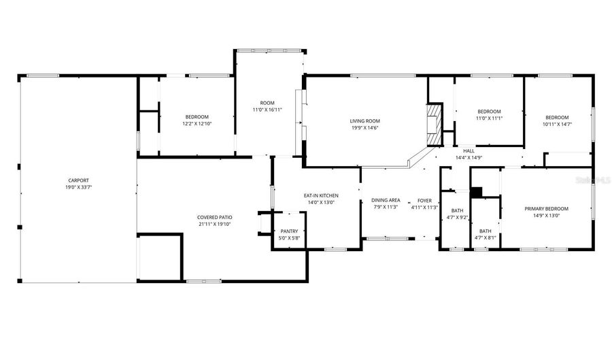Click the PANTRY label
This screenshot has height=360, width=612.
(289, 231)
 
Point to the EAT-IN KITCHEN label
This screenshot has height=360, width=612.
(321, 196)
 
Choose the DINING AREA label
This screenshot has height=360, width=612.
(386, 200)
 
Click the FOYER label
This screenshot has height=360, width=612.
(424, 200)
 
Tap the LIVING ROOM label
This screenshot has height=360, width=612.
(364, 120)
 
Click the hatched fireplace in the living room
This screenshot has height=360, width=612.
(433, 124)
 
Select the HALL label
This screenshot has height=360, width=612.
(469, 150)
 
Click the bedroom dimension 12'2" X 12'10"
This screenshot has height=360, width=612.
(196, 124)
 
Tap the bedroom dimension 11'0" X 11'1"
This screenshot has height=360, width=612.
(489, 118)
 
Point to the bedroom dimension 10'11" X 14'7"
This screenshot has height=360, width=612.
(557, 124)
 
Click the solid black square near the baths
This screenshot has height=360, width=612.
(476, 192)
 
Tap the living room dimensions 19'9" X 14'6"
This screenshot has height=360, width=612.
(364, 127)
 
